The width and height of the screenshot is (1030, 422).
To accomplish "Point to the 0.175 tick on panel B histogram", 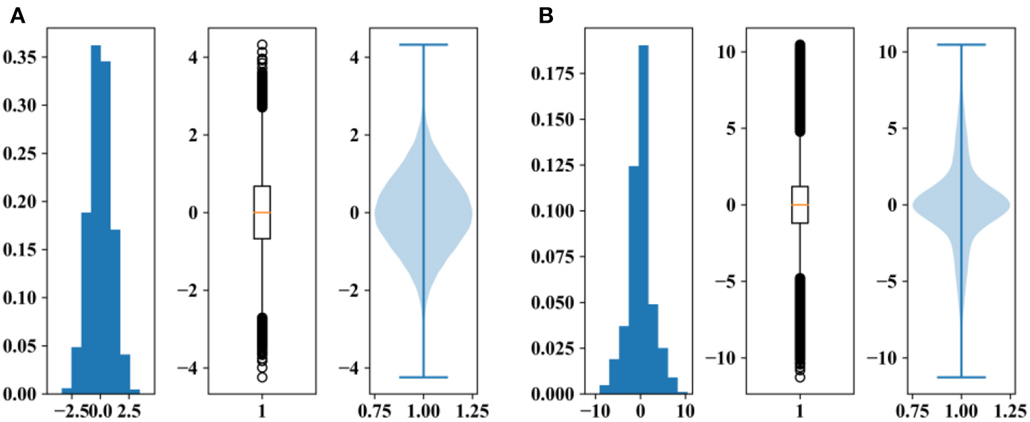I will pos(552,74).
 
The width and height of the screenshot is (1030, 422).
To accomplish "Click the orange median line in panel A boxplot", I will pos(262,213).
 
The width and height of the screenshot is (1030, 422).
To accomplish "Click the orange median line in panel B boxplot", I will pos(800,205).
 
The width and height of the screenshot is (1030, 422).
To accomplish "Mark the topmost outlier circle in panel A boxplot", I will pos(262,44).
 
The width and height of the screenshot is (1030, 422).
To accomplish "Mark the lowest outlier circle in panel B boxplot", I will pos(800,377).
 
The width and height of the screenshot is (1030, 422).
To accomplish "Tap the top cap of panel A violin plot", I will pos(423,45).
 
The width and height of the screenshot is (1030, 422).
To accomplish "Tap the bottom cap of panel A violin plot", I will pos(423,377).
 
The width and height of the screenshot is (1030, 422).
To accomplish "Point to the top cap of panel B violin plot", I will pos(962,44).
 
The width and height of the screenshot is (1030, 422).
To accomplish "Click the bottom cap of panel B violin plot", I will pos(962,377).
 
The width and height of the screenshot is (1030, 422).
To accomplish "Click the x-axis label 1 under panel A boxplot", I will pos(262,408).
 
